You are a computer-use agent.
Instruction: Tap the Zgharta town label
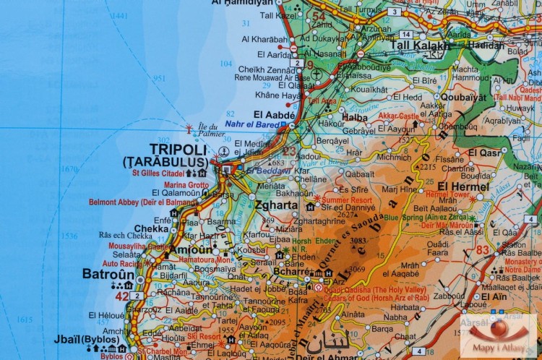coord(276,205)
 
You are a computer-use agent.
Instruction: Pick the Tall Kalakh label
coord(420,45)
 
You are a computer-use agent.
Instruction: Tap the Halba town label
coord(354,117)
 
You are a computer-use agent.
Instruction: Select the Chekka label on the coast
coord(151,228)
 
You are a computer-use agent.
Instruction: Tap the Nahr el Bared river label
coord(255,124)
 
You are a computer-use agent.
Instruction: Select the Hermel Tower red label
coord(447,194)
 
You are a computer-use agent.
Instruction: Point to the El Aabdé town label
coord(275,114)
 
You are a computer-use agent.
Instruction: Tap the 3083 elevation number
coord(359,241)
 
